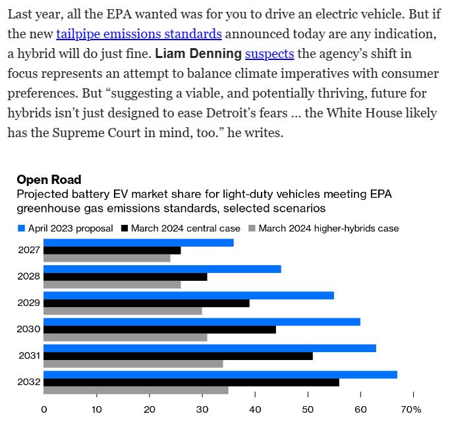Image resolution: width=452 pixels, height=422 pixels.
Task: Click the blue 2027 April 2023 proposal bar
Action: click(138, 243)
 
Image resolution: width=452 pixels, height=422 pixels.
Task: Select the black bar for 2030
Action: click(159, 329)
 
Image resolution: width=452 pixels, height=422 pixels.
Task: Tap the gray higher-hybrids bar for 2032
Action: click(136, 390)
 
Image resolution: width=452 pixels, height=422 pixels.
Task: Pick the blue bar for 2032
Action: click(220, 375)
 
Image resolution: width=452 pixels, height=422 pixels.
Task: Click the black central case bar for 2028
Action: click(125, 276)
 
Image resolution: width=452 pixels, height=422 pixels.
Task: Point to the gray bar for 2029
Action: click(123, 311)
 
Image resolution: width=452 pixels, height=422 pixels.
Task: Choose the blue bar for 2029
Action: click(188, 295)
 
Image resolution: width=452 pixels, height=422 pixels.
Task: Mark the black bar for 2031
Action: click(178, 355)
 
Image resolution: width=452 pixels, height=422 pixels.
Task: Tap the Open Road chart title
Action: click(49, 179)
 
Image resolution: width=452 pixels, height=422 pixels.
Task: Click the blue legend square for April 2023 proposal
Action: click(21, 229)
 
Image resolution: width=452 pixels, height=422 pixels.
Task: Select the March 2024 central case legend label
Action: click(185, 229)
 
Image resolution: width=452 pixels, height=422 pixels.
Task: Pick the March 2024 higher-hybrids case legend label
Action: click(329, 229)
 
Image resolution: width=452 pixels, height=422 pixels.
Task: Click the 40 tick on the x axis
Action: click(255, 410)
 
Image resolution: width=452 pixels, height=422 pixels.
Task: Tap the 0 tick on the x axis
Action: click(44, 410)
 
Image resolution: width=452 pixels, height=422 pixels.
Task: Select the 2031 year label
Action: click(29, 355)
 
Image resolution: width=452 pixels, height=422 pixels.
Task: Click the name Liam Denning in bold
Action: click(198, 53)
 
